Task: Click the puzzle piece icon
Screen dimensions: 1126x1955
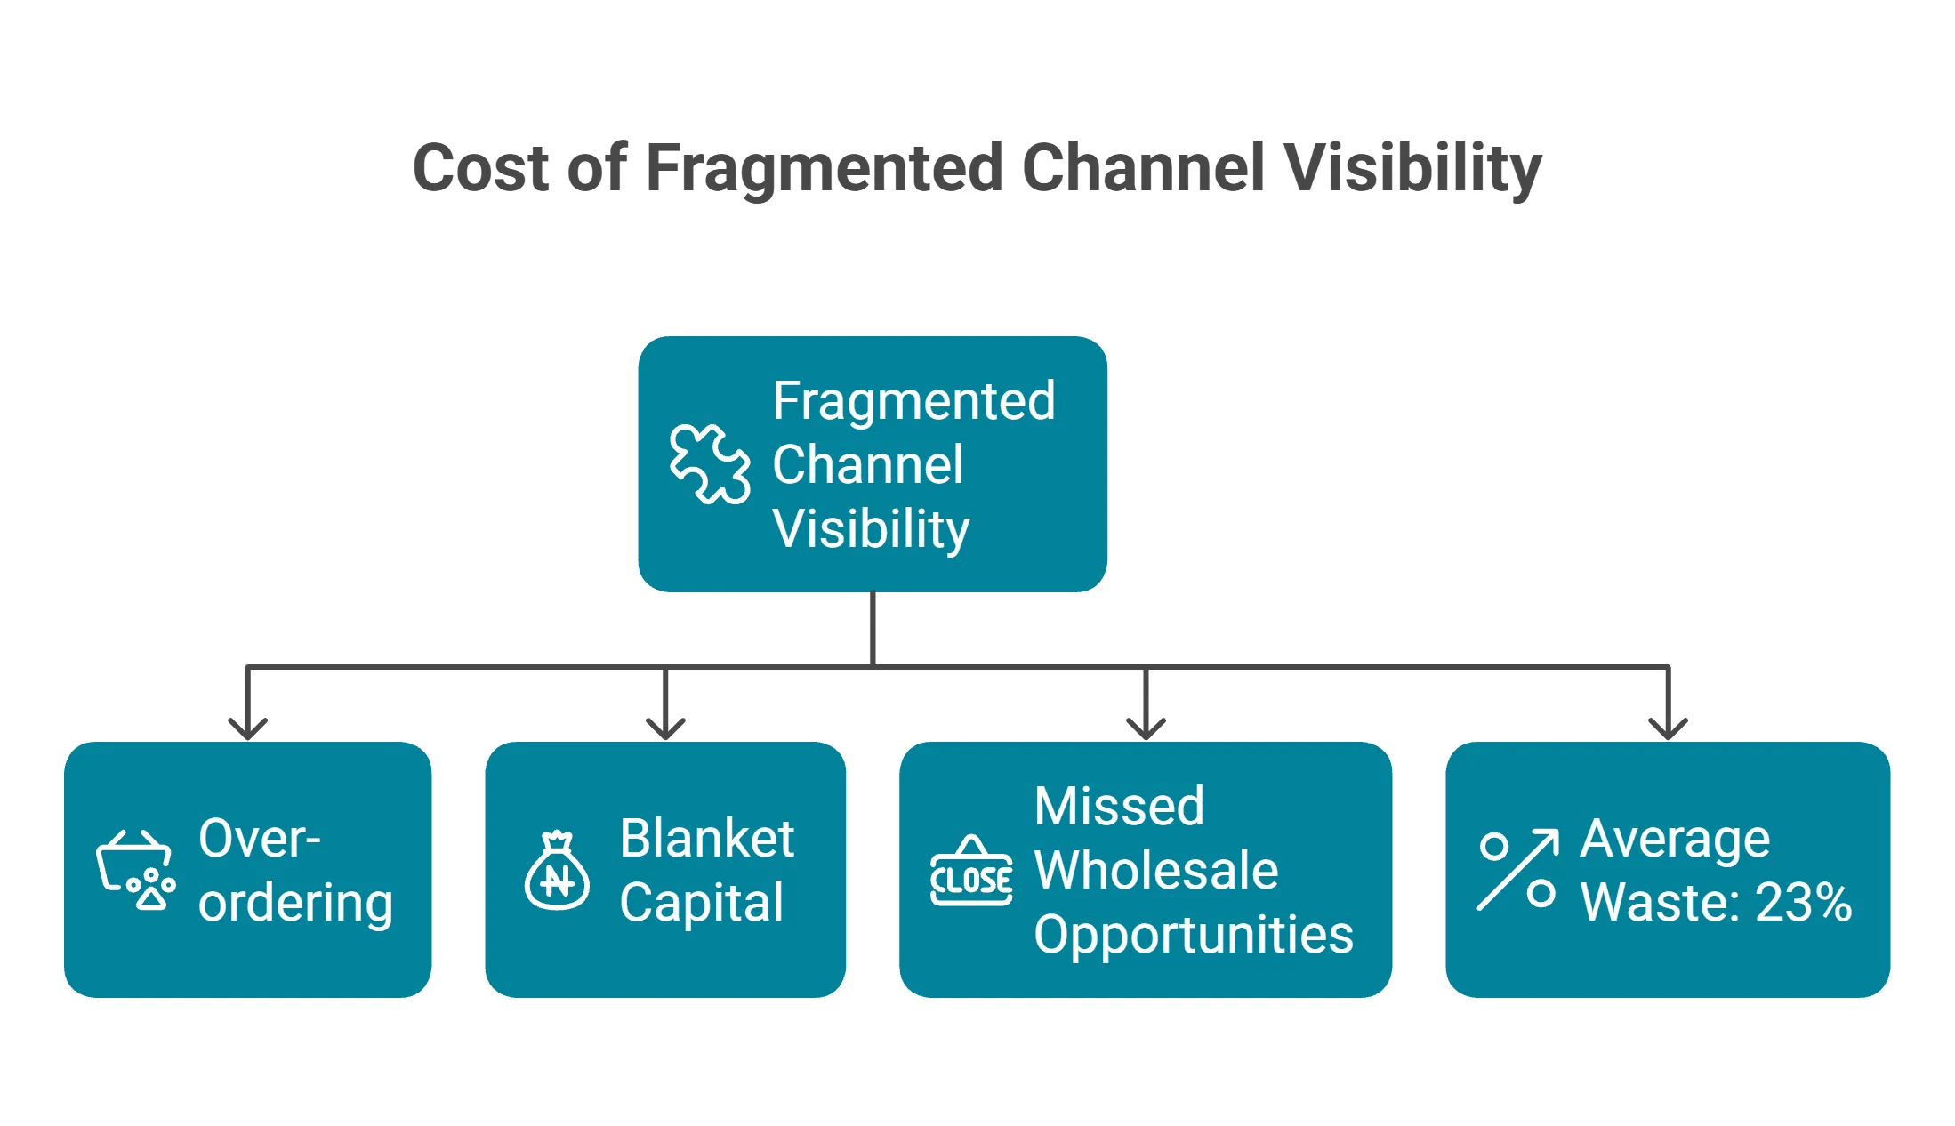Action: click(709, 464)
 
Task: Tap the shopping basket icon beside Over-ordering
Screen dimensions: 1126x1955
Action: click(135, 870)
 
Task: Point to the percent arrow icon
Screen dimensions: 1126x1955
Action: click(1517, 870)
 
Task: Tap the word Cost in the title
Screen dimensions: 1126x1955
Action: click(481, 168)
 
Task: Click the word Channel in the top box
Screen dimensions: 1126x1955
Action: click(867, 464)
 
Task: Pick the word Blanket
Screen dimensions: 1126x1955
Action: click(706, 838)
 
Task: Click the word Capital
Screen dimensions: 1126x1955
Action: click(701, 902)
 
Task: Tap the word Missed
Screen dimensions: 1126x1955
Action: click(1119, 806)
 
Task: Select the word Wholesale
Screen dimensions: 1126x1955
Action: click(1156, 870)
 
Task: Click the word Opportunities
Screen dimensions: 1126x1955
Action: click(1194, 934)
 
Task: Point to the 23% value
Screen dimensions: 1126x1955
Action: click(1804, 902)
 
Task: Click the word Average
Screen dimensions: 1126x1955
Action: click(1675, 838)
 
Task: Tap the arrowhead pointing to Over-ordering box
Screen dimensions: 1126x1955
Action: click(247, 728)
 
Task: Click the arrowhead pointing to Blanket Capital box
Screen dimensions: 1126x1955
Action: click(665, 728)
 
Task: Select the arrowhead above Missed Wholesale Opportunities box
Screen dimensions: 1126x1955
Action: click(1146, 728)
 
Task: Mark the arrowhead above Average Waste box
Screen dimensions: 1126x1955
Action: click(1668, 728)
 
